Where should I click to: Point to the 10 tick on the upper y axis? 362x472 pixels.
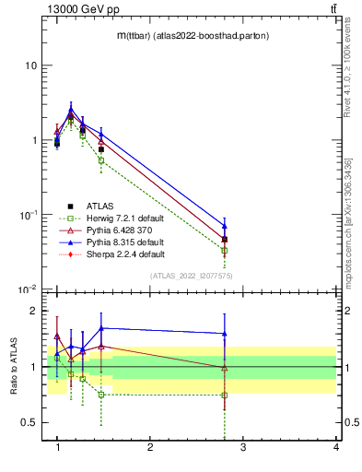(x=29, y=65)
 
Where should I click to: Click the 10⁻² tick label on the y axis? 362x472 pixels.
(x=27, y=289)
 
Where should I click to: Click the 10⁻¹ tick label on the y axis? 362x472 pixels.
(x=27, y=215)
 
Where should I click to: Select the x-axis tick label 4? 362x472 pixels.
(x=336, y=448)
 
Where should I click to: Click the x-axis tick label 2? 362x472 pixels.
(x=150, y=448)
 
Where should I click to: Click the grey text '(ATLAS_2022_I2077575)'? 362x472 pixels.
(x=191, y=276)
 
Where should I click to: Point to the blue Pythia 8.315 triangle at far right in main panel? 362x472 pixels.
(x=224, y=225)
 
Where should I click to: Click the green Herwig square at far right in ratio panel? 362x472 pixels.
(x=224, y=395)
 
